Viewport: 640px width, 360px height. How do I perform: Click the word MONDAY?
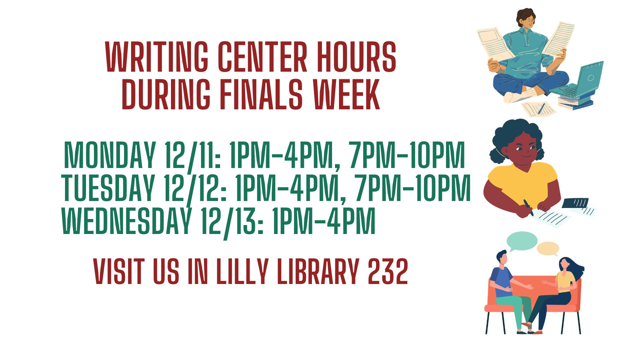[x=110, y=155]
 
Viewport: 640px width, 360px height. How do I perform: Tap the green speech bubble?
[x=522, y=242]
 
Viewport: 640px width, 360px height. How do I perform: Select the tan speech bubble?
[x=548, y=249]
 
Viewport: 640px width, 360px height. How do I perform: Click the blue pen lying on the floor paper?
[x=541, y=108]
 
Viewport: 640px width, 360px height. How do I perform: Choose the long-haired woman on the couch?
[x=553, y=293]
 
